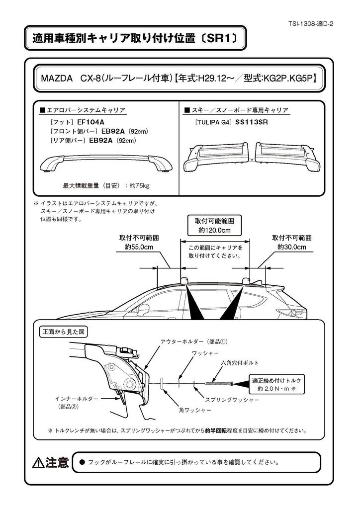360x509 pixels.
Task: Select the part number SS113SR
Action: pyautogui.click(x=252, y=121)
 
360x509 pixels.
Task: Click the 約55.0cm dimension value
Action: pyautogui.click(x=139, y=247)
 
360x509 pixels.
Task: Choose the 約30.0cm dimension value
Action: pyautogui.click(x=292, y=247)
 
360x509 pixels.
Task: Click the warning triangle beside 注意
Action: pyautogui.click(x=38, y=463)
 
